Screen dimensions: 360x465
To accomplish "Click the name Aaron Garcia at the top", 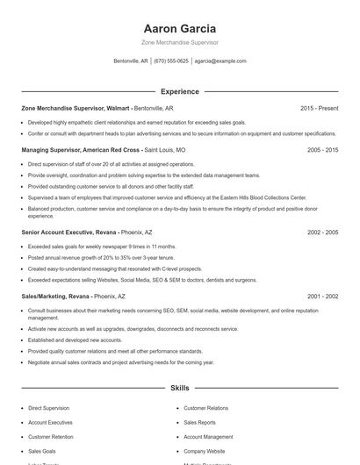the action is click(179, 28).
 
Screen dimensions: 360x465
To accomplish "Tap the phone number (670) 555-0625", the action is click(171, 61).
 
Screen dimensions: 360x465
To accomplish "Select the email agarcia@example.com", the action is click(220, 61).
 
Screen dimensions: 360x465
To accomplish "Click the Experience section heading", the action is click(179, 91).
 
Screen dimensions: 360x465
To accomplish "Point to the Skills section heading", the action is click(179, 387).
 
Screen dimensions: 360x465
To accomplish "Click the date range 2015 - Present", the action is click(319, 108).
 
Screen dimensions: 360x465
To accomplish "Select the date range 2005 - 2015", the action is click(322, 150).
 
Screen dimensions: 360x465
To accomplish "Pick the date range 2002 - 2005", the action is click(322, 232).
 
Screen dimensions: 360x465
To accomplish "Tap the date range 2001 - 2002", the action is click(322, 297).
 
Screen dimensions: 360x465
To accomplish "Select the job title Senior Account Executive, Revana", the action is click(68, 232).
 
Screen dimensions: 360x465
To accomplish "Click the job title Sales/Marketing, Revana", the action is click(56, 297).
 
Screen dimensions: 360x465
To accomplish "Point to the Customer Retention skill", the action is click(51, 436).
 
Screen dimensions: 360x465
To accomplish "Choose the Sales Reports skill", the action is click(200, 422).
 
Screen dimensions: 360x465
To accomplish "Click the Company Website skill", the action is click(205, 450).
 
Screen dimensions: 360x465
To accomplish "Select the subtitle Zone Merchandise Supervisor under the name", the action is click(179, 42).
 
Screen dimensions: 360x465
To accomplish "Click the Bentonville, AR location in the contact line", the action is click(131, 61).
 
